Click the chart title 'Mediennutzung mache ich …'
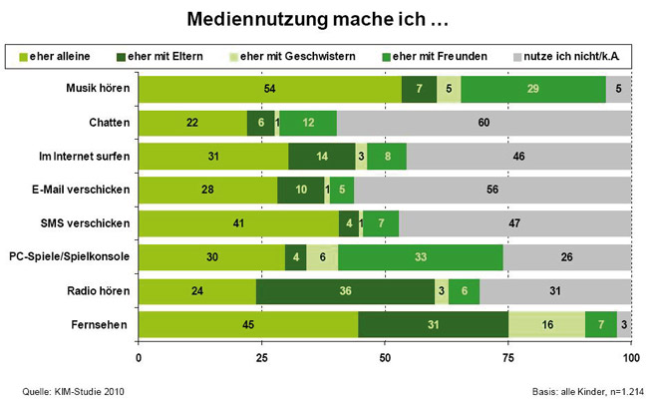323,19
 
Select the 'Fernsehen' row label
104,325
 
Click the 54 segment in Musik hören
270,90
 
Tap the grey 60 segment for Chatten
484,123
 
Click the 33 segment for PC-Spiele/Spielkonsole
421,257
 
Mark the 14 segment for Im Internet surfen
322,157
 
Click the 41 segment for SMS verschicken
238,223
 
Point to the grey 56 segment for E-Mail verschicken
492,191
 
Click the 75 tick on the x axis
507,357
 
